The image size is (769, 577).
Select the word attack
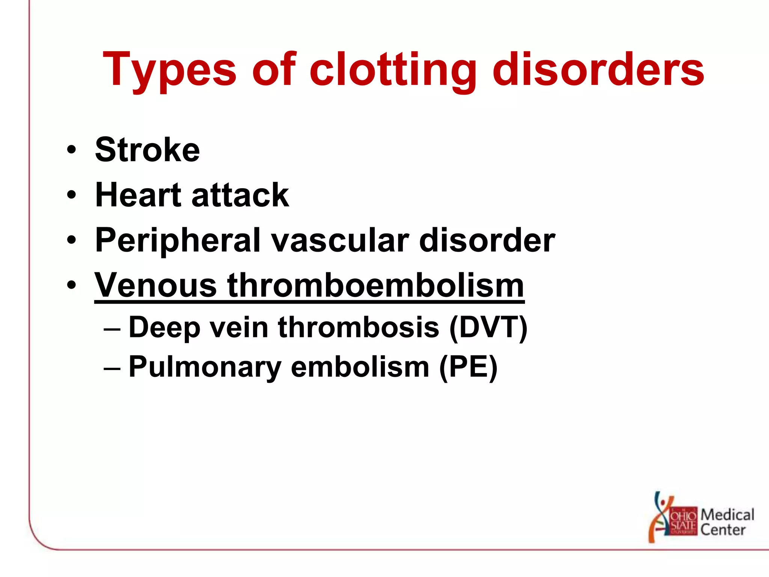click(240, 195)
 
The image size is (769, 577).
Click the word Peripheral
click(178, 240)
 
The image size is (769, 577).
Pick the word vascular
click(340, 240)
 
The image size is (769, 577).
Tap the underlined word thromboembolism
click(375, 285)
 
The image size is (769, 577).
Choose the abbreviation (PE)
click(468, 367)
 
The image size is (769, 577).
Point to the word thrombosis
click(359, 327)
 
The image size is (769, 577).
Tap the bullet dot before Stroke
click(71, 150)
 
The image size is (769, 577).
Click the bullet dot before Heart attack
click(71, 195)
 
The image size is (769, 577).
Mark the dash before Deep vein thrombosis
click(112, 328)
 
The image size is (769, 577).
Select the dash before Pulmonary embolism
click(112, 368)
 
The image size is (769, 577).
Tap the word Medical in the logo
click(727, 514)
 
